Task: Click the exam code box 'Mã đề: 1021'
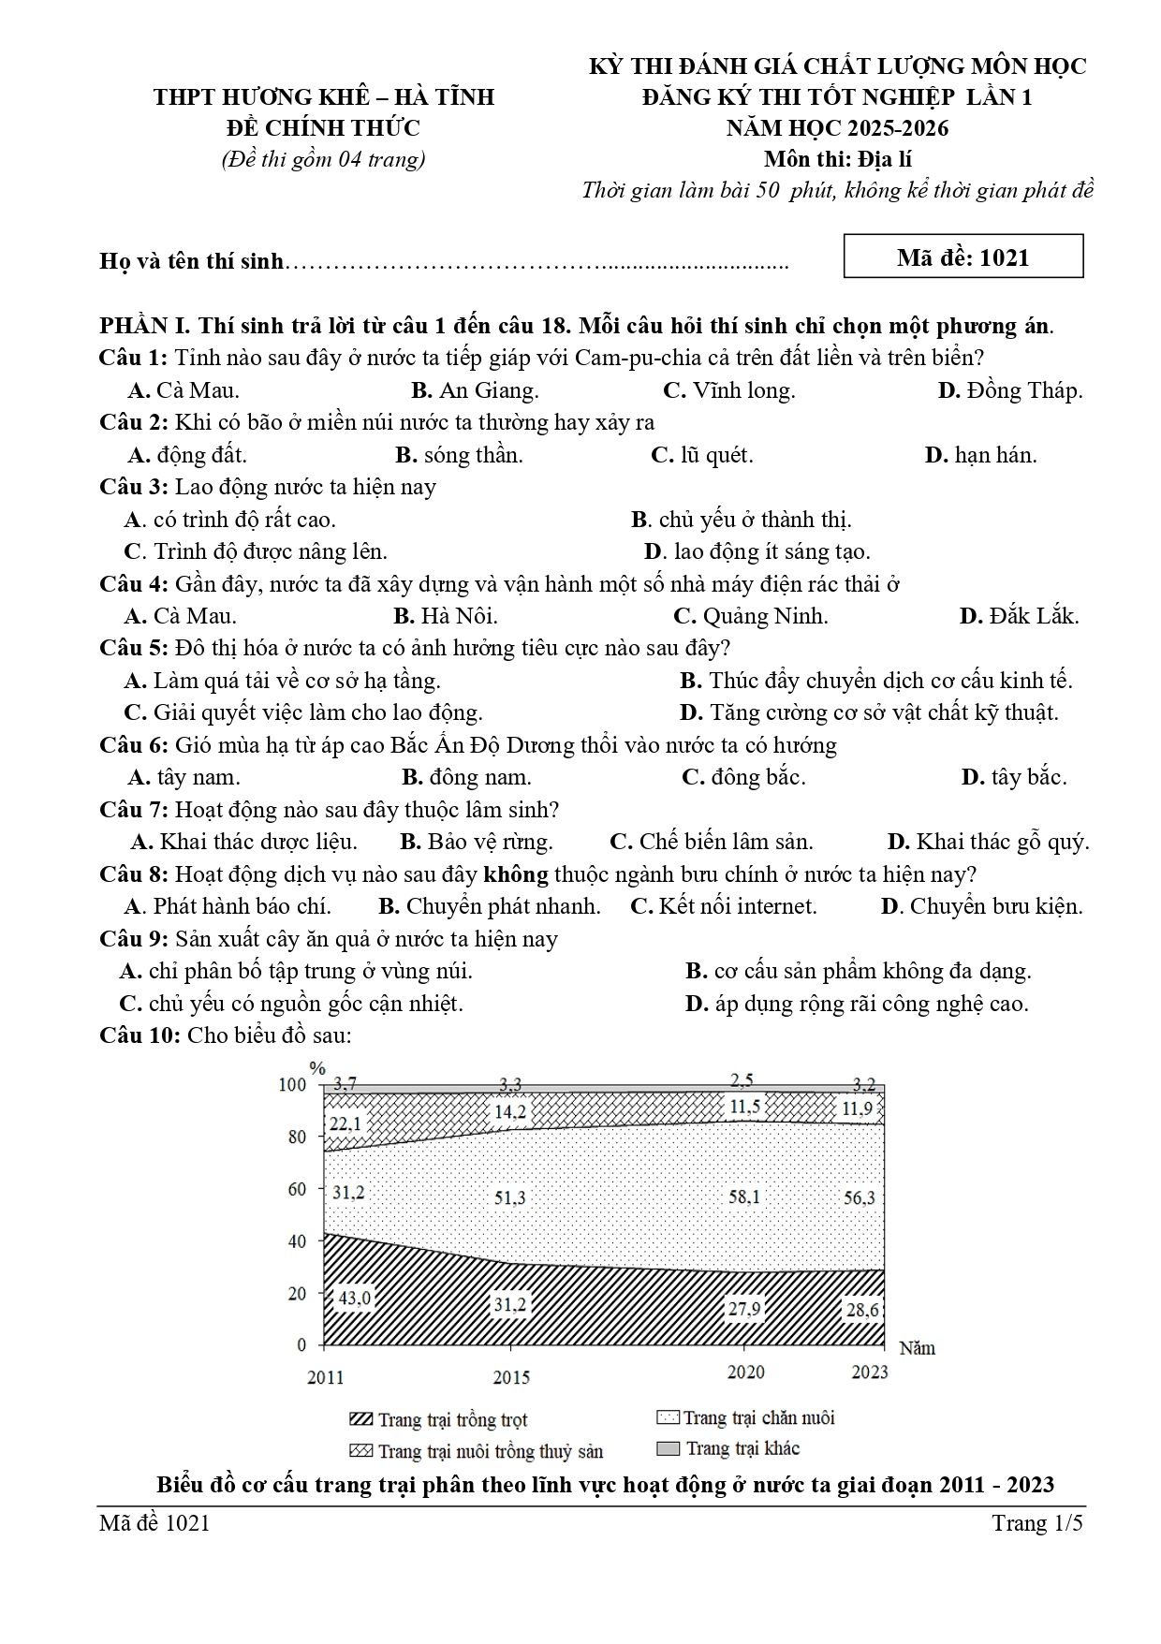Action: coord(963,257)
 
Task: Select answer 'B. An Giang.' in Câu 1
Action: coord(475,390)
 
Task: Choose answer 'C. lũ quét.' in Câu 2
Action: coord(701,455)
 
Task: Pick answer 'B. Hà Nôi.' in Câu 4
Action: coord(446,616)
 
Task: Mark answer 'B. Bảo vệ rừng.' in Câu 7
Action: coord(477,842)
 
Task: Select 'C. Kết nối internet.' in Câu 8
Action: coord(724,906)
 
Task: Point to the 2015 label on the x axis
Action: coord(510,1377)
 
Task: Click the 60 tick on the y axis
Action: coord(296,1189)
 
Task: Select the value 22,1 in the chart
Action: coord(345,1123)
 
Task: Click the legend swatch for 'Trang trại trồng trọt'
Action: coord(360,1420)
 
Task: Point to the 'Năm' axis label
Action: coord(917,1348)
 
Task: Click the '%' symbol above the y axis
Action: coord(317,1068)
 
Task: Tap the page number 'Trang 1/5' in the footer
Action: coord(1036,1524)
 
